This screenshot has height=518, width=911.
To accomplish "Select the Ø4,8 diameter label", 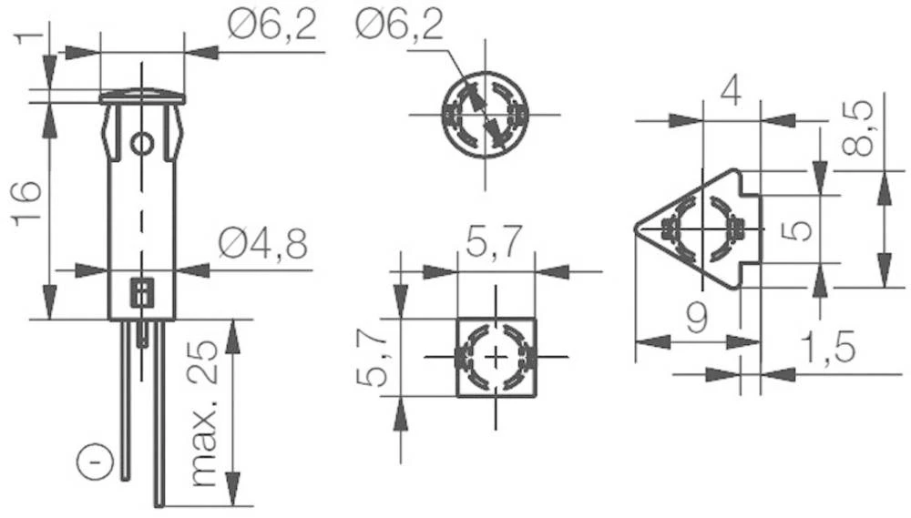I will click(263, 244).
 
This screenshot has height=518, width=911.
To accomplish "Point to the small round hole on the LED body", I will click(141, 143).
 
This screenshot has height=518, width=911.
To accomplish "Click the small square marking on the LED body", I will click(141, 293).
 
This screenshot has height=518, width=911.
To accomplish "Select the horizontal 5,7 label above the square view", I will click(494, 243).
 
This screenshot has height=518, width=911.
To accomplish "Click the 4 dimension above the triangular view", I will click(730, 92).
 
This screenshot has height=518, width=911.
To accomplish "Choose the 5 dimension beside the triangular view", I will click(797, 229).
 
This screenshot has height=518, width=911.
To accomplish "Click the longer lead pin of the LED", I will click(159, 410).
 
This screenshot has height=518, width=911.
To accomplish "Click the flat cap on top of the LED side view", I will click(141, 96).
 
